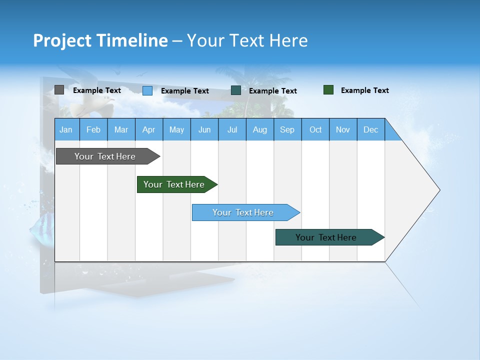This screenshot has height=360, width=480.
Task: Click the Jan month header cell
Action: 66,129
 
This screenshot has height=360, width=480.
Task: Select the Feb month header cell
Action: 93,129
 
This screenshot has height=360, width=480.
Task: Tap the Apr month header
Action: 149,129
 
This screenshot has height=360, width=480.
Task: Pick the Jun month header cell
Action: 204,129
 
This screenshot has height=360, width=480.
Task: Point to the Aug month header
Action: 260,129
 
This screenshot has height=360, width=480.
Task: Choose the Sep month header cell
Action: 287,129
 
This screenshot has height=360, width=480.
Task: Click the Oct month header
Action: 315,129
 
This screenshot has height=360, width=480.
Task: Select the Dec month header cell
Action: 371,129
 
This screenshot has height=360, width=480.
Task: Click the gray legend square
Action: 59,90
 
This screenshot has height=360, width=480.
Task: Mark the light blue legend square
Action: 147,90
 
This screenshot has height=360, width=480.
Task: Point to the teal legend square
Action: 236,90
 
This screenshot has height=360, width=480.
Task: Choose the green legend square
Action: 328,90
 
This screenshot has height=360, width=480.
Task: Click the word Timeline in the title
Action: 131,40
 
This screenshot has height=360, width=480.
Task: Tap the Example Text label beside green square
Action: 364,90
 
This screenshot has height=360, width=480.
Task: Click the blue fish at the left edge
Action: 41,231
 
